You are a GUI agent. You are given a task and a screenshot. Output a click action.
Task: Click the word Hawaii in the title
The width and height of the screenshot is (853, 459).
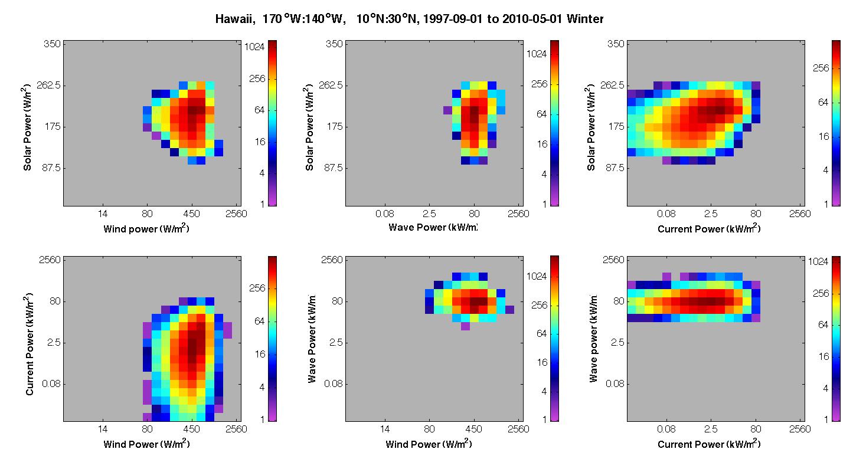point(234,19)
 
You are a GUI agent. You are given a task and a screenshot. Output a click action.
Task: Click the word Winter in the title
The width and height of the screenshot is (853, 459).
point(584,19)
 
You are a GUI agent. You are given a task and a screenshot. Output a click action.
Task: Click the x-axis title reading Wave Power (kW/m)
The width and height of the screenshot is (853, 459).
point(433,227)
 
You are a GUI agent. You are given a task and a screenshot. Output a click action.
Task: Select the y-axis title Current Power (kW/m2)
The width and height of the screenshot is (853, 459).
point(30,344)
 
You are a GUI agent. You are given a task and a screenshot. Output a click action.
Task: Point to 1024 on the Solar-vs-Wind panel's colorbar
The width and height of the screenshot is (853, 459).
point(254,47)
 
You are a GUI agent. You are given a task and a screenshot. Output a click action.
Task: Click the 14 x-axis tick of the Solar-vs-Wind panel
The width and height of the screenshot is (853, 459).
point(103,214)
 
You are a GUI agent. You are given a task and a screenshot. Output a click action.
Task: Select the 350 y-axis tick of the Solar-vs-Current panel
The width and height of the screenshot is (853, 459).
point(616,44)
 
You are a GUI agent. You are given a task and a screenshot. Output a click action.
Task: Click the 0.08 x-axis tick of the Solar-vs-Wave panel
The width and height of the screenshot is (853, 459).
point(385,214)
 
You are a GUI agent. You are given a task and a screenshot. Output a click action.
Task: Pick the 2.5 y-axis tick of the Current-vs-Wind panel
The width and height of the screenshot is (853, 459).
point(54,342)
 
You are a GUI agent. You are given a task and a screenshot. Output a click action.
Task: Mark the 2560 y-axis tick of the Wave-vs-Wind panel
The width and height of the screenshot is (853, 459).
point(332,260)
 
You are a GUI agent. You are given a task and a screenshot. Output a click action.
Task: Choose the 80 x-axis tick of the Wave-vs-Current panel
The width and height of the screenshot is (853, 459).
point(756,429)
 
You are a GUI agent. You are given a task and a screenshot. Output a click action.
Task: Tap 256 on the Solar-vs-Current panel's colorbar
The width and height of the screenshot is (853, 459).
point(821,68)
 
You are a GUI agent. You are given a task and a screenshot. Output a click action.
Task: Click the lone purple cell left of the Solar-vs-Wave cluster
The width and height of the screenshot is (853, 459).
point(447,110)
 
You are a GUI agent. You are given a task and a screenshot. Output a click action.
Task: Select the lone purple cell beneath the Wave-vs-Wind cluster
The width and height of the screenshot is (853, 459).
point(465,326)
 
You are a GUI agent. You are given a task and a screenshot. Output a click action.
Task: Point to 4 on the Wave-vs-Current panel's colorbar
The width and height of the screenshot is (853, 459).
point(826,388)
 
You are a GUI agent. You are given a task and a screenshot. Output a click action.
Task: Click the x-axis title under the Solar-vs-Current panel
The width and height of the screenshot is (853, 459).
point(709,228)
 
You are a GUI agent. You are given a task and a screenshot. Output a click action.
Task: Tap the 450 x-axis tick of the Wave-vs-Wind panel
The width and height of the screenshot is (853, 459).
point(473,429)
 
